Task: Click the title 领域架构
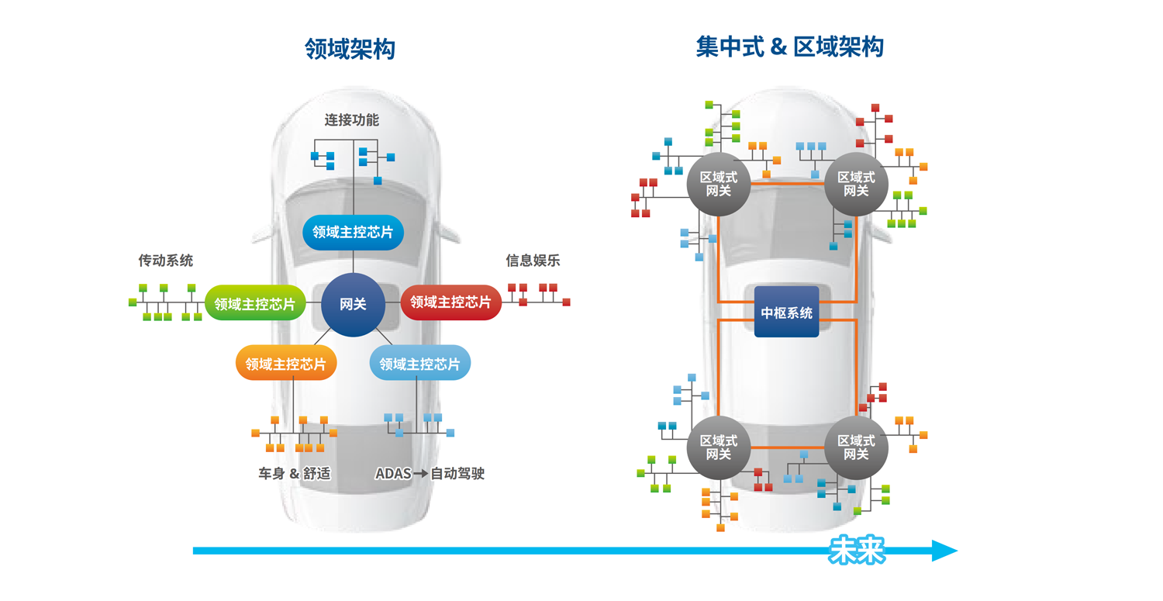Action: pyautogui.click(x=350, y=50)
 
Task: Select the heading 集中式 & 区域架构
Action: pyautogui.click(x=789, y=47)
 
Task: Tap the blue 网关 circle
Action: pyautogui.click(x=353, y=305)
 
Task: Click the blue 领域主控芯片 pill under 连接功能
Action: pyautogui.click(x=353, y=232)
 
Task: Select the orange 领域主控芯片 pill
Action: pyautogui.click(x=285, y=364)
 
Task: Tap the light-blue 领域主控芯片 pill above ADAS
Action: pyautogui.click(x=419, y=364)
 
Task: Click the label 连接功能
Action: pyautogui.click(x=352, y=120)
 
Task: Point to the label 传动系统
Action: pyautogui.click(x=166, y=261)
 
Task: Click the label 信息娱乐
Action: pyautogui.click(x=533, y=261)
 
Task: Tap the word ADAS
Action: pyautogui.click(x=392, y=473)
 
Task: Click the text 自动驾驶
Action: pyautogui.click(x=457, y=473)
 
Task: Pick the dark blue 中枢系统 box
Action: pyautogui.click(x=786, y=313)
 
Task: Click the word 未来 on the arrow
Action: pyautogui.click(x=857, y=551)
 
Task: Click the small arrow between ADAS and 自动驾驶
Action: pyautogui.click(x=420, y=473)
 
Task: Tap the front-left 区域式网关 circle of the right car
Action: pyautogui.click(x=719, y=184)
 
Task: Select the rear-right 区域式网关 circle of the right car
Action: pyautogui.click(x=856, y=447)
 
